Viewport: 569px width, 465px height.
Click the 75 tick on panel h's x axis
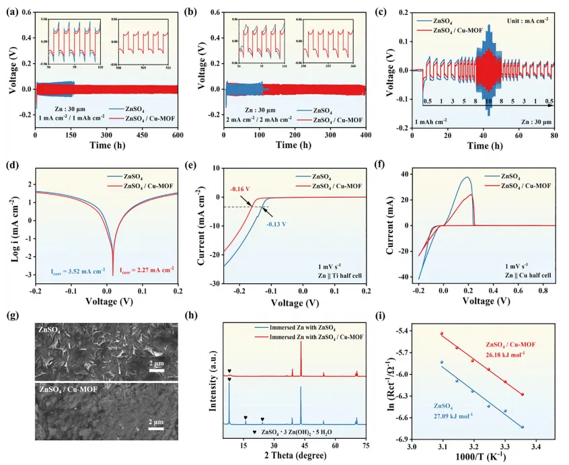pos(366,445)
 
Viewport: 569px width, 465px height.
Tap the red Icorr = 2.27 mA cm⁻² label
pos(145,269)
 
